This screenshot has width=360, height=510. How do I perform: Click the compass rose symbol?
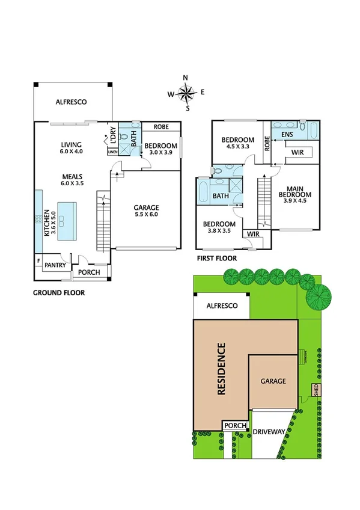tap(187, 93)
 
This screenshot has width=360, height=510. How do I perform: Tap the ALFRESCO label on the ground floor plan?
tap(71, 102)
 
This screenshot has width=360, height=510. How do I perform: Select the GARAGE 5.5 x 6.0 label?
tap(146, 210)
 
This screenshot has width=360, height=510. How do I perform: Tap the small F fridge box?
tap(38, 261)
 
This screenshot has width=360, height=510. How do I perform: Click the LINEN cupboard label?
tap(113, 152)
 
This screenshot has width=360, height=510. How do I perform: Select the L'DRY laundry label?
tap(112, 136)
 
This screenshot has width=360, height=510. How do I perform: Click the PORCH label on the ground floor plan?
tap(90, 272)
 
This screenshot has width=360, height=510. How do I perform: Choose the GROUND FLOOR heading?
tap(59, 293)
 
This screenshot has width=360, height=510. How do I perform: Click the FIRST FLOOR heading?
tap(216, 258)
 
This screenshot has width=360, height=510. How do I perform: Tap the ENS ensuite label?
tap(287, 135)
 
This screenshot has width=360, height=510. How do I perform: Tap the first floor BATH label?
tap(220, 196)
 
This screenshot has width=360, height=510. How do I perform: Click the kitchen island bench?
tap(67, 221)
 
